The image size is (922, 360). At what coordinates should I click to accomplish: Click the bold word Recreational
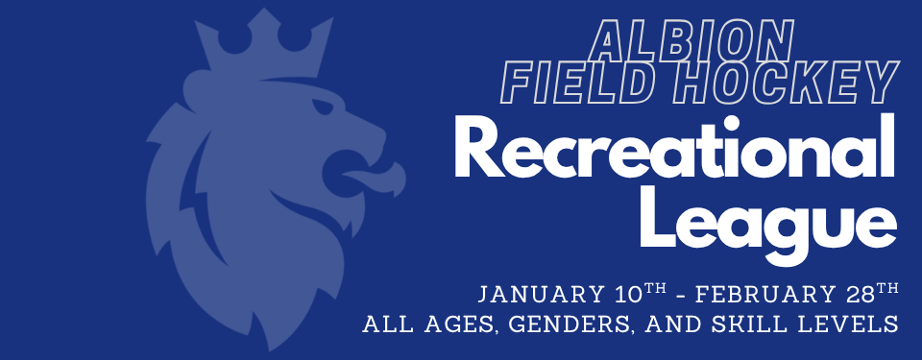click(x=674, y=146)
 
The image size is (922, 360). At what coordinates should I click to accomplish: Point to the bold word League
click(x=768, y=224)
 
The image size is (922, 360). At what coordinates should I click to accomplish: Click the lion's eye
click(x=324, y=108)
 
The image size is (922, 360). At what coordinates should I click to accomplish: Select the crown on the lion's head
click(x=264, y=44)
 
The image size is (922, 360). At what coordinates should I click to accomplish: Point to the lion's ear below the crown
click(x=200, y=89)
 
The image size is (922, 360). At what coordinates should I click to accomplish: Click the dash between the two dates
click(x=681, y=296)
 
